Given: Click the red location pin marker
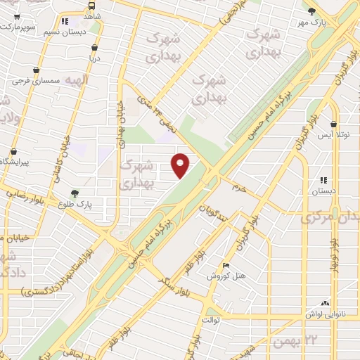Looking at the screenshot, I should point(181,165).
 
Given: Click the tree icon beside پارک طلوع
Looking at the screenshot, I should point(75,193).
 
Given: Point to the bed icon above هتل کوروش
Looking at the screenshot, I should point(225,265).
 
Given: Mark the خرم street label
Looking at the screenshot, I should point(240,188).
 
